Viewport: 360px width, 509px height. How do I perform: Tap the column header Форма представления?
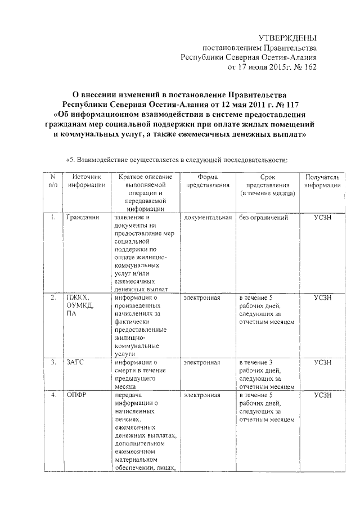click(208, 181)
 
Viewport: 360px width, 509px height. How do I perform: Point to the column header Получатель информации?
click(322, 181)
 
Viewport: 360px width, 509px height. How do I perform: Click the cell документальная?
click(208, 217)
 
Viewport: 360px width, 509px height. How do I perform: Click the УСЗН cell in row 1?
click(322, 217)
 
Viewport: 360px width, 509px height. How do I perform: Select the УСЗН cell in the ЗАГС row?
click(322, 363)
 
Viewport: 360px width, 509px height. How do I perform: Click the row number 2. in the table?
click(52, 297)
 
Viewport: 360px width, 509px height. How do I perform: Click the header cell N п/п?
click(52, 181)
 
